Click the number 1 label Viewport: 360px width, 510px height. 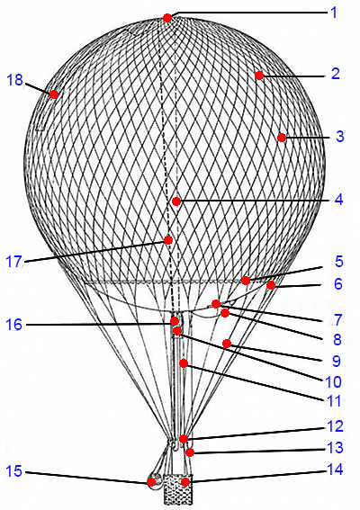[x=334, y=13]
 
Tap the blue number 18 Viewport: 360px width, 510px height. [x=15, y=80]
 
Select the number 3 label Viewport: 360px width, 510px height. [x=340, y=137]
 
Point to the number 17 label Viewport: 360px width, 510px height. [x=14, y=262]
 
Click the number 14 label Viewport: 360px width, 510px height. [x=335, y=470]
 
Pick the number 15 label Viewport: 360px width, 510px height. [x=14, y=471]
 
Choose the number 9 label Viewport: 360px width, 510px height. [x=337, y=361]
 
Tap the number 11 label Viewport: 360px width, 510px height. [x=334, y=401]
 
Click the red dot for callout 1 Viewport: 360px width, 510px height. [x=167, y=18]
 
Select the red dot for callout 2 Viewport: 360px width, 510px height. [x=259, y=76]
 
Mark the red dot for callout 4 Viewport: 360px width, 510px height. [x=176, y=201]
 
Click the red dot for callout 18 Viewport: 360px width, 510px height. [x=54, y=94]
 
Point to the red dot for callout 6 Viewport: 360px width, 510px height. [x=271, y=285]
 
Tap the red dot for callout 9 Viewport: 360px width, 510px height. [x=227, y=344]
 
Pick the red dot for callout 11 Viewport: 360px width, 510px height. [x=184, y=363]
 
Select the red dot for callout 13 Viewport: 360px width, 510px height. [x=190, y=452]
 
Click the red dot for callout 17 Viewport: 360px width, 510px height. [x=168, y=240]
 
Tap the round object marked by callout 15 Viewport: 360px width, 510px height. [x=155, y=481]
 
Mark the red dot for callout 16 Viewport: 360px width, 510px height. [x=175, y=321]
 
